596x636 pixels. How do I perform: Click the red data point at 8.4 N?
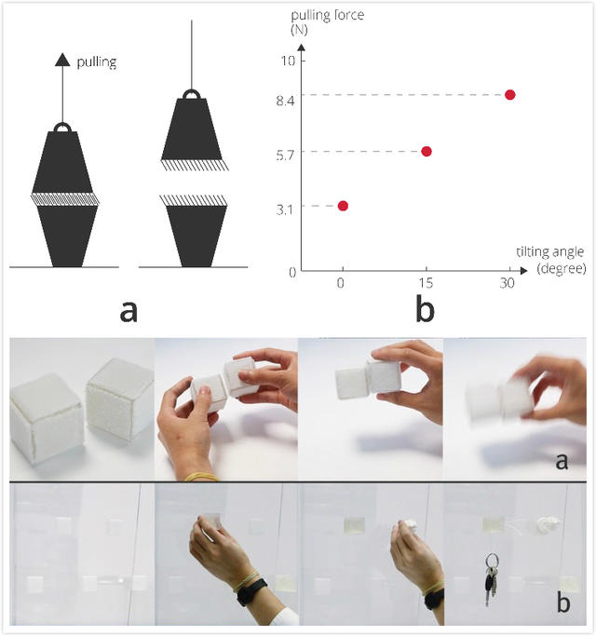coord(509,95)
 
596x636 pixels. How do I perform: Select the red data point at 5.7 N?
coord(427,151)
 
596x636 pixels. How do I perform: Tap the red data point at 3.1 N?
coord(343,206)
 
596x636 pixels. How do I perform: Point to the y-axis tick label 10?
coord(286,61)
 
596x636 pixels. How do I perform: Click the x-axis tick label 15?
coord(427,284)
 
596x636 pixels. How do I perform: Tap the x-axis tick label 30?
coord(508,284)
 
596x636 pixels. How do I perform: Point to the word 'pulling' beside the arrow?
coord(98,62)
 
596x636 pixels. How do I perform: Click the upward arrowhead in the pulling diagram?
coord(63,60)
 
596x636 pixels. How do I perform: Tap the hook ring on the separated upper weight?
coord(192,95)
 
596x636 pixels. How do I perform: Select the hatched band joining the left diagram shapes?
coord(65,198)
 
